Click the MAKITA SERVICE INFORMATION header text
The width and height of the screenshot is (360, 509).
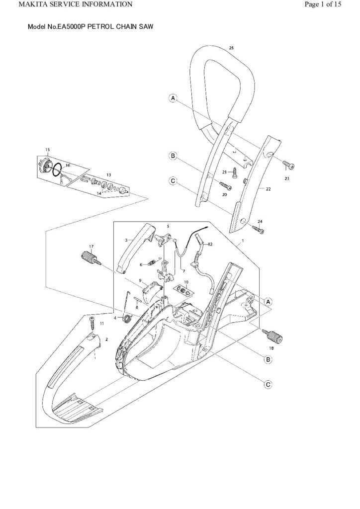point(68,4)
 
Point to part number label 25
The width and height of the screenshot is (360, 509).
point(231,48)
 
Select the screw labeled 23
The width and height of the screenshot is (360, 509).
point(288,166)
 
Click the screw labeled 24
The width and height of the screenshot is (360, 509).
point(258,229)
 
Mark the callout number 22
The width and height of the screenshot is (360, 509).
point(268,189)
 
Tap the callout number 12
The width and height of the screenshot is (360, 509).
point(210,244)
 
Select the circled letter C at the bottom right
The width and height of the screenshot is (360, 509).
point(268,384)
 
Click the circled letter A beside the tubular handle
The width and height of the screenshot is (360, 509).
point(173,99)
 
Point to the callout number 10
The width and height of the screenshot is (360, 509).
point(186,282)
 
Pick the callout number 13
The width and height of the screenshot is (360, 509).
point(108,175)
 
